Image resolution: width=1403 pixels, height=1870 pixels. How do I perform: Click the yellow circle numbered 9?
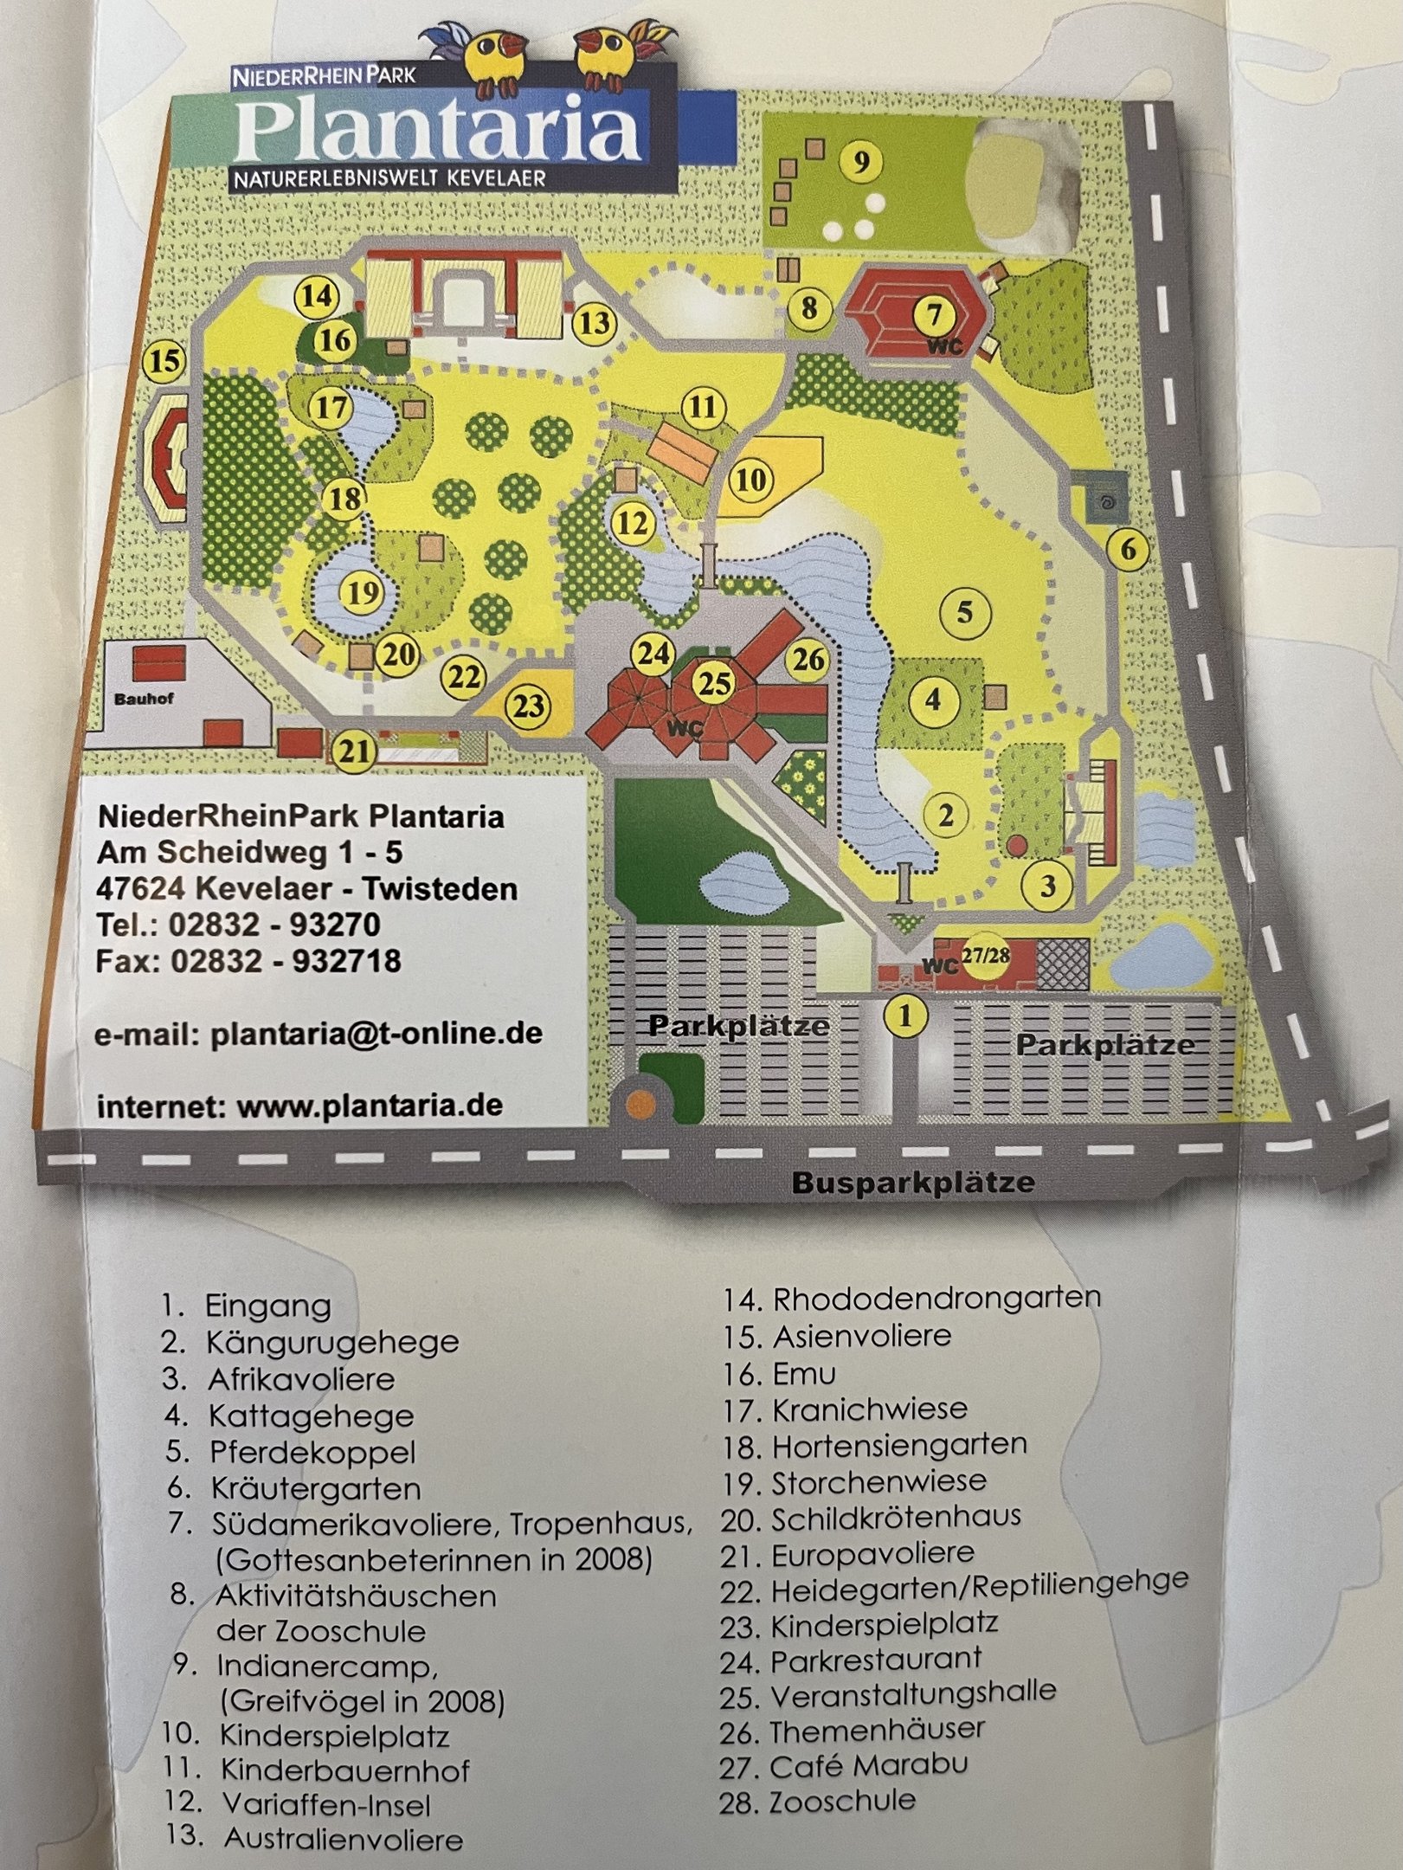coord(860,163)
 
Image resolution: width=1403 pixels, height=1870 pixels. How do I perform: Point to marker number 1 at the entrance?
coord(905,1015)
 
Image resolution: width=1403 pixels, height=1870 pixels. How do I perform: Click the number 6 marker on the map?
coord(1128,549)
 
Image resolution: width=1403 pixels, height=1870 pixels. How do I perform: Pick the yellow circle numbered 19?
coord(364,593)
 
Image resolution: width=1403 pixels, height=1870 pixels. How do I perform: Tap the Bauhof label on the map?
coord(144,698)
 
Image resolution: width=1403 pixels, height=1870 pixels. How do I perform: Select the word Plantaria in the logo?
coord(437,132)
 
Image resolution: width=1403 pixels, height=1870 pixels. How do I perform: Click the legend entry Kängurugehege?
coord(332,1343)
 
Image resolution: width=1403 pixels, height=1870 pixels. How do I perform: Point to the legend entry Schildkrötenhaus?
coord(896,1518)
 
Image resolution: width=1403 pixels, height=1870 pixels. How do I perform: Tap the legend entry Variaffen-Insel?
coord(325,1803)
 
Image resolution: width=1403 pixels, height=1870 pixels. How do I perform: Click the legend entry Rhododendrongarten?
coord(936,1298)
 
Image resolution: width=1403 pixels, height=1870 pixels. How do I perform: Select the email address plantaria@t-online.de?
coord(376,1034)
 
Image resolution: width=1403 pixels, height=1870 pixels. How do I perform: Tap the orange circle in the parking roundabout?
coord(641,1101)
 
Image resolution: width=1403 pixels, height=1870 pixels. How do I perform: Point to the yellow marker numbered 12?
coord(633,523)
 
